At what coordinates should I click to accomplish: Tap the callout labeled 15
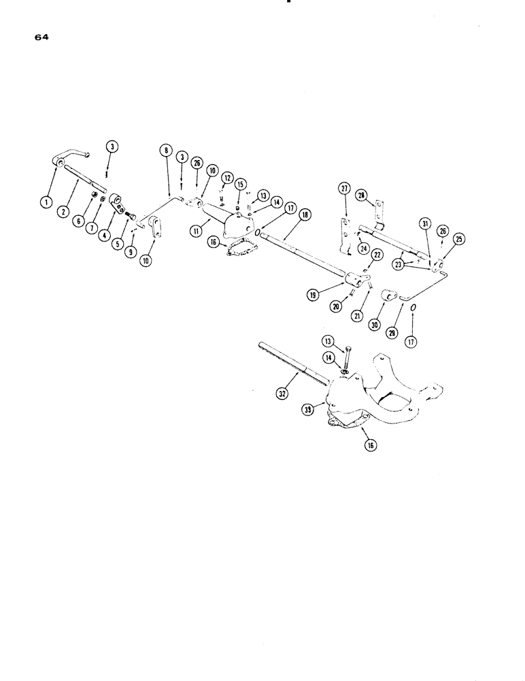pos(240,184)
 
